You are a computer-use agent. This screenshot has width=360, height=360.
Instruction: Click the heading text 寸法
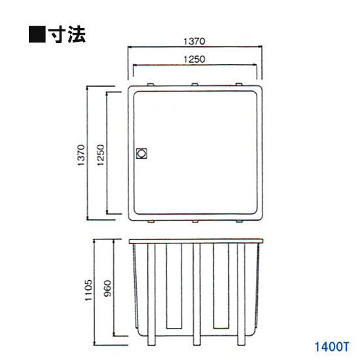click(67, 33)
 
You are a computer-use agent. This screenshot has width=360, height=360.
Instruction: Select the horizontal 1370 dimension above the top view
click(195, 41)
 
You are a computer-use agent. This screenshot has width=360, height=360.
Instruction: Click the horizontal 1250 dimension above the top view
click(195, 59)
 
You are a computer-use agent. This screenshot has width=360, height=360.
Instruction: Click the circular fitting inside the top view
click(141, 154)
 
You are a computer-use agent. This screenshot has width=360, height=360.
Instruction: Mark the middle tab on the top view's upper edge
click(194, 84)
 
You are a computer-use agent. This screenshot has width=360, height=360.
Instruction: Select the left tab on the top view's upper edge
click(151, 84)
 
